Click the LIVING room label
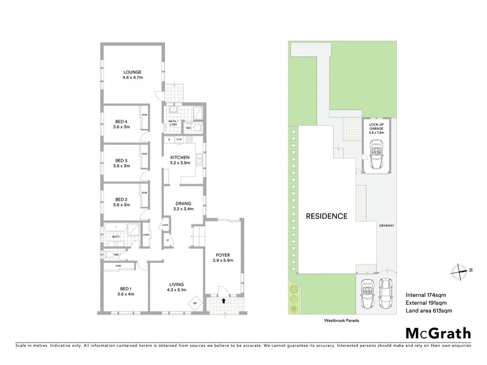[x=177, y=285]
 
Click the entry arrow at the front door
[x=224, y=300]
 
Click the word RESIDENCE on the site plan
[x=326, y=216]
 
